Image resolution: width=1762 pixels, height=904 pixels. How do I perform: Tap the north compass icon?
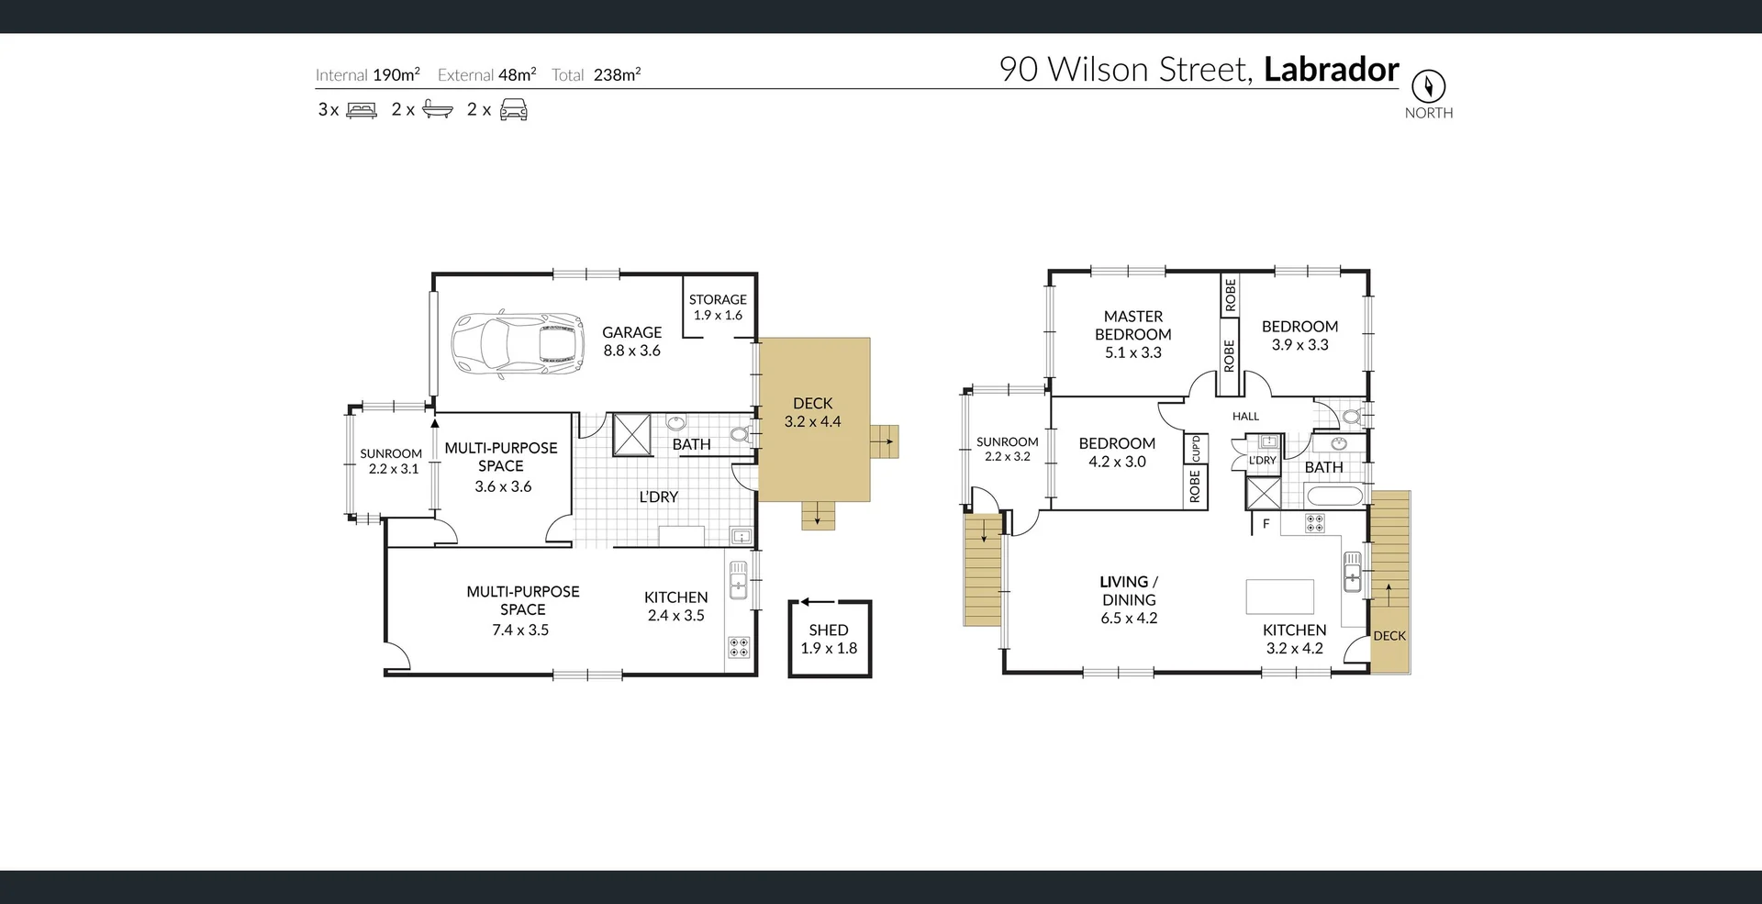pyautogui.click(x=1428, y=86)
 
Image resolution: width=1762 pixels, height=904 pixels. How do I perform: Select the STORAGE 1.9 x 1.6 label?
pyautogui.click(x=718, y=307)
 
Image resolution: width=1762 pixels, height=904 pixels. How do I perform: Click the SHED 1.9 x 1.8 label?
pyautogui.click(x=829, y=639)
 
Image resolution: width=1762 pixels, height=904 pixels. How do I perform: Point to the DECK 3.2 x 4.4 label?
pyautogui.click(x=812, y=412)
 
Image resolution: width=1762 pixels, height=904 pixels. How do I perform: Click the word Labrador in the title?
pyautogui.click(x=1331, y=70)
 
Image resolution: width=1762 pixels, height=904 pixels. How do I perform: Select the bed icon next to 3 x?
pyautogui.click(x=362, y=110)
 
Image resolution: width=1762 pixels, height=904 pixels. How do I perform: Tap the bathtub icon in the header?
pyautogui.click(x=437, y=110)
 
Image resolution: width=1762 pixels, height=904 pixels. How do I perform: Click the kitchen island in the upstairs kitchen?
pyautogui.click(x=1279, y=597)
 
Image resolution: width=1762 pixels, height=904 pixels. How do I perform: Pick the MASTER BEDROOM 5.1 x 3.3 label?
pyautogui.click(x=1132, y=334)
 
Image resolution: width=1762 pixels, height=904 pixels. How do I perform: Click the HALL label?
pyautogui.click(x=1245, y=417)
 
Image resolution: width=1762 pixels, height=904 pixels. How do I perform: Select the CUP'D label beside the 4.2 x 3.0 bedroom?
pyautogui.click(x=1196, y=449)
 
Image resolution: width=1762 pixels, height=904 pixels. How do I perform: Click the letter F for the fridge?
pyautogui.click(x=1266, y=524)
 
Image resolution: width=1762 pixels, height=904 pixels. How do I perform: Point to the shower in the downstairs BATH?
pyautogui.click(x=631, y=434)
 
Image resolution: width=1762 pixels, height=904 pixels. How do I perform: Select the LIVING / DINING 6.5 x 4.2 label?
pyautogui.click(x=1129, y=599)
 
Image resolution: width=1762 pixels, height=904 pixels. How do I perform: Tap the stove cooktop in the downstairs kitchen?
pyautogui.click(x=739, y=646)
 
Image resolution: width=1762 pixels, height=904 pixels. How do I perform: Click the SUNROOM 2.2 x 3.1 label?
pyautogui.click(x=390, y=461)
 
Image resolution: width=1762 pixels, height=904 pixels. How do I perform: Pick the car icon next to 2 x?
pyautogui.click(x=513, y=110)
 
